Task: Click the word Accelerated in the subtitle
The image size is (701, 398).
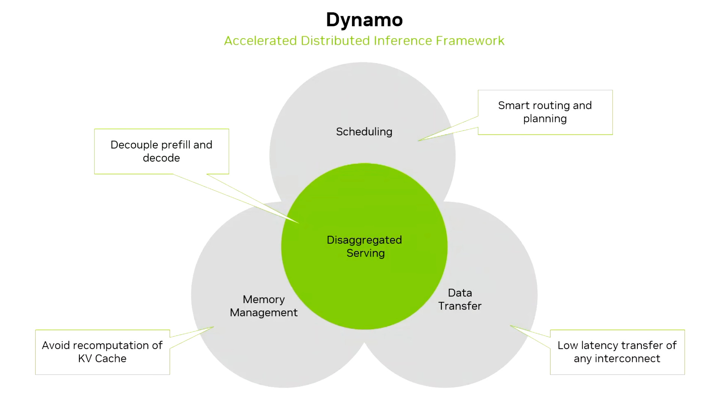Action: click(260, 40)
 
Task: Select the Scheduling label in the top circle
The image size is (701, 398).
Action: click(364, 132)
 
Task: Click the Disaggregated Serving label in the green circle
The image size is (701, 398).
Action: click(364, 246)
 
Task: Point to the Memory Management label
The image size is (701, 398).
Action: click(264, 306)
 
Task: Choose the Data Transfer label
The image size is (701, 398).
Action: click(460, 299)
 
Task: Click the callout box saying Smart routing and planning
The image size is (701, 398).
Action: click(545, 112)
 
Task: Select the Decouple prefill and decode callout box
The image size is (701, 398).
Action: click(161, 151)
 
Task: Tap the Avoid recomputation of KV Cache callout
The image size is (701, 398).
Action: click(102, 352)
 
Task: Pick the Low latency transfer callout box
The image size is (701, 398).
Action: click(617, 352)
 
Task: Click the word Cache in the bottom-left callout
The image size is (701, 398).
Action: click(111, 359)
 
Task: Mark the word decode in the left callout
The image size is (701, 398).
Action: click(161, 158)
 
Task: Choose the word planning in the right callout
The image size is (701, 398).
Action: click(545, 119)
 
